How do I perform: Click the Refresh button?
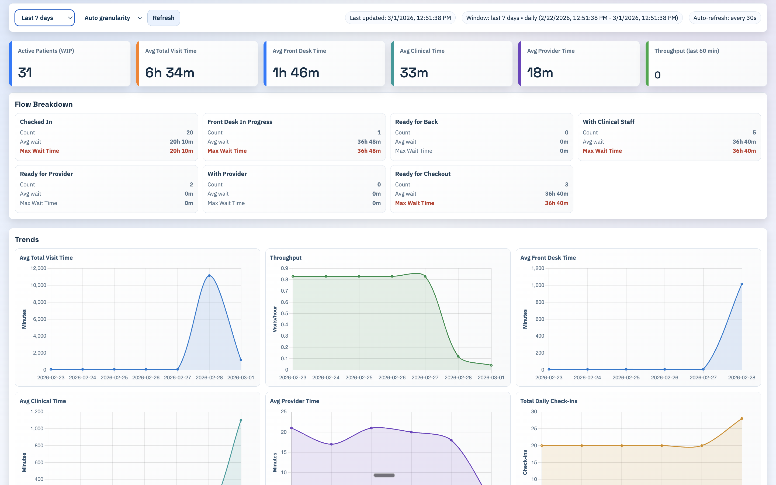coord(163,18)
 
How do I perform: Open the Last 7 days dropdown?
coord(44,18)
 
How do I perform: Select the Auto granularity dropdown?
coord(113,18)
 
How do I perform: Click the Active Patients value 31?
coord(25,72)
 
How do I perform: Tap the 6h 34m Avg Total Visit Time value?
coord(170,72)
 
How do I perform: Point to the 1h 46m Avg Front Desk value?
coord(296,72)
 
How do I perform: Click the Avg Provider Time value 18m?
coord(540,72)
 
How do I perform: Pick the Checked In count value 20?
coord(189,133)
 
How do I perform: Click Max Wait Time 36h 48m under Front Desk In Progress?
coord(369,151)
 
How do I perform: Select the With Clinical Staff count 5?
coord(754,133)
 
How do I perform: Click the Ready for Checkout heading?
coord(423,174)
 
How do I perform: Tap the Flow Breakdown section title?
coord(44,104)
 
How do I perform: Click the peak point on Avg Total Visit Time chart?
coord(209,276)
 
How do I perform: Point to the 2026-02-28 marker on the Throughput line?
coord(458,356)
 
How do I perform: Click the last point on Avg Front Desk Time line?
coord(741,284)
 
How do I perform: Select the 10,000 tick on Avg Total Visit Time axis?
coord(38,285)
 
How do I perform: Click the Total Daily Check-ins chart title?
coord(548,401)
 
